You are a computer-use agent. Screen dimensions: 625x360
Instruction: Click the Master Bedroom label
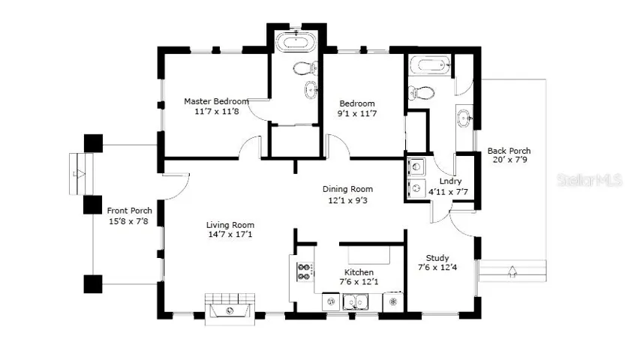click(216, 101)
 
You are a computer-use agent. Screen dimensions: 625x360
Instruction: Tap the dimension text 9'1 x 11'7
click(356, 113)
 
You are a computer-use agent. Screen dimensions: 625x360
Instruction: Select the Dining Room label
click(347, 189)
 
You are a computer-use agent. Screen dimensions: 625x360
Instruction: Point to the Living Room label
click(230, 225)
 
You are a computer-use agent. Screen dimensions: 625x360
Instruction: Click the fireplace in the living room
click(230, 310)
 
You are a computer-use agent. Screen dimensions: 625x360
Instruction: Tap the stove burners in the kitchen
click(305, 271)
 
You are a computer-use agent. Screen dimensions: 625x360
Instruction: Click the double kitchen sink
click(356, 301)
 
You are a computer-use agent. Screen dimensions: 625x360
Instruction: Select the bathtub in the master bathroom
click(296, 42)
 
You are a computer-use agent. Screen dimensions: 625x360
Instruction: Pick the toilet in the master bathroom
click(305, 68)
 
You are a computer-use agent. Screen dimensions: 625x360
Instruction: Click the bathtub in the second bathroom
click(430, 65)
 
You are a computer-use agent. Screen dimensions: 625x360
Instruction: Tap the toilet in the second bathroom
click(421, 93)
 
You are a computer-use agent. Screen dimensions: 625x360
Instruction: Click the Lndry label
click(450, 181)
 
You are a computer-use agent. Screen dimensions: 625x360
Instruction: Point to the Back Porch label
click(509, 151)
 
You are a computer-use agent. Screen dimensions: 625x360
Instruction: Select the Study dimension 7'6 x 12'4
click(437, 267)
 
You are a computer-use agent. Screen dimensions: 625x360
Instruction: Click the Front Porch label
click(130, 211)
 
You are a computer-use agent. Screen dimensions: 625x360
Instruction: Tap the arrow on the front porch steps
click(80, 174)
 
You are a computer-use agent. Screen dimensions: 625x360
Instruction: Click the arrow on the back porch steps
click(512, 271)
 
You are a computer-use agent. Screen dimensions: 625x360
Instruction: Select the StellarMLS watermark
click(590, 180)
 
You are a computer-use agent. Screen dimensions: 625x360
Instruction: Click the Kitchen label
click(359, 272)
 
